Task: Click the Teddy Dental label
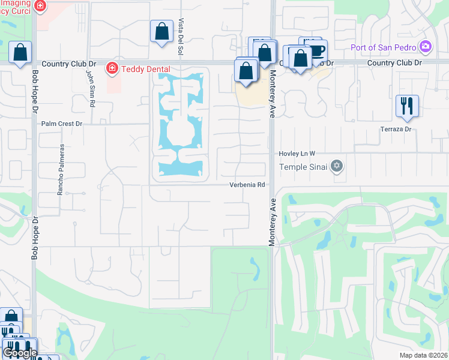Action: point(146,69)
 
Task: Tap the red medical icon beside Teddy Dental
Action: point(112,69)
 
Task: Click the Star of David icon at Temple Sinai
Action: point(337,166)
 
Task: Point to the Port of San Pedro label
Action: point(384,46)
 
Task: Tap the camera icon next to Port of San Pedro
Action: point(426,46)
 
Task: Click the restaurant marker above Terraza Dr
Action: point(407,106)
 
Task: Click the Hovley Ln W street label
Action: point(297,154)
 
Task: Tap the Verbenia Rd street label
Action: point(247,185)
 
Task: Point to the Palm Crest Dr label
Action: point(61,124)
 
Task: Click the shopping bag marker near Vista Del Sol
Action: point(161,32)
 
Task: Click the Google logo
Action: point(19,353)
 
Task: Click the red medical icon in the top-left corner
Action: point(40,6)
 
